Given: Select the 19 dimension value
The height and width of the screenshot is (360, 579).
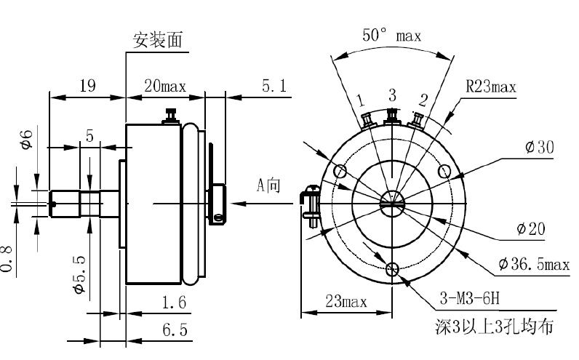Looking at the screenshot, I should tap(87, 86).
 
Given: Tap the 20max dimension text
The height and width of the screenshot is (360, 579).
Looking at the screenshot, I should tap(165, 86).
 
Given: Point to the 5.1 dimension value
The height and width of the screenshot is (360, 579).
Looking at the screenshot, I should tap(274, 86).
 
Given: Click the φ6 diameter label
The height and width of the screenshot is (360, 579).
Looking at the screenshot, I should tap(23, 139).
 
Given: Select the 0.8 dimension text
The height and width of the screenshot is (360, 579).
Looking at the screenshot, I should tap(7, 259).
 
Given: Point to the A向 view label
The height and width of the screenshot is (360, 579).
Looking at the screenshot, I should tap(268, 185).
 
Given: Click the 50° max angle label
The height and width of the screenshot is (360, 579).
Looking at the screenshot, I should tap(392, 35).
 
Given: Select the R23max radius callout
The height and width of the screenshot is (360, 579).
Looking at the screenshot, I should tap(490, 87).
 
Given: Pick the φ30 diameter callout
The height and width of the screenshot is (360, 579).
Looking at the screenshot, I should tap(539, 148).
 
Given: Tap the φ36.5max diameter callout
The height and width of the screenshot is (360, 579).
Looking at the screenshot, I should tap(534, 263).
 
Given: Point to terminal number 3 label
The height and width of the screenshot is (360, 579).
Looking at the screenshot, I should tap(392, 95).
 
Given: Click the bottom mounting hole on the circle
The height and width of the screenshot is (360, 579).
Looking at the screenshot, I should tap(394, 270).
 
